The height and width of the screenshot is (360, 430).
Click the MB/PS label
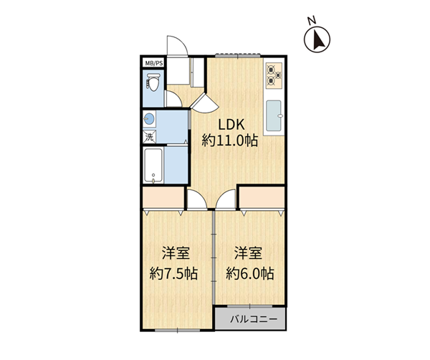pyautogui.click(x=154, y=63)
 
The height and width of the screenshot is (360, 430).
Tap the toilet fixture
pyautogui.click(x=153, y=82)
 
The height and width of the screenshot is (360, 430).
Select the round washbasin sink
pyautogui.click(x=149, y=119)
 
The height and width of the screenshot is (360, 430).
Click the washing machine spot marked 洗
pyautogui.click(x=150, y=137)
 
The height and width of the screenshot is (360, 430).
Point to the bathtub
pyautogui.click(x=153, y=166)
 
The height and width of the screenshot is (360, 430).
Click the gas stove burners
pyautogui.click(x=274, y=75)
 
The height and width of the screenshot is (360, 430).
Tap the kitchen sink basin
pyautogui.click(x=274, y=115)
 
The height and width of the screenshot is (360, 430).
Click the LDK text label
pyautogui.click(x=231, y=125)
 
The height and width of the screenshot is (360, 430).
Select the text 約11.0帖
pyautogui.click(x=230, y=141)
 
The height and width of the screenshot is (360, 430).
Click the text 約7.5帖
pyautogui.click(x=173, y=273)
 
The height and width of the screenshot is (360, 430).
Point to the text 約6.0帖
pyautogui.click(x=250, y=273)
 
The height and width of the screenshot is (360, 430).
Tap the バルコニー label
pyautogui.click(x=254, y=319)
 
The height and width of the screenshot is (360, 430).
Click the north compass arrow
pyautogui.click(x=317, y=39)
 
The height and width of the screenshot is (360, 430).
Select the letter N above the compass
pyautogui.click(x=311, y=21)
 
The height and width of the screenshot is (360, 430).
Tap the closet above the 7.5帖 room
pyautogui.click(x=163, y=197)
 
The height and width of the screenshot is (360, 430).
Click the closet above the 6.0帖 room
pyautogui.click(x=262, y=197)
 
